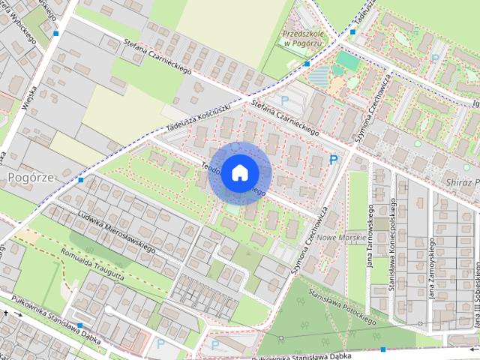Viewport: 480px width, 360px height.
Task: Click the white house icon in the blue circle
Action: click(239, 172)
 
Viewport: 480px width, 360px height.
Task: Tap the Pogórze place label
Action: click(27, 177)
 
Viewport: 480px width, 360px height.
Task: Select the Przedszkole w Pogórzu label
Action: click(301, 38)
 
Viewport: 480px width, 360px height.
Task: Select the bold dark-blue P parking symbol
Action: click(334, 160)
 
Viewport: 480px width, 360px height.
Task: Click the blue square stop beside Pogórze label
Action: click(81, 180)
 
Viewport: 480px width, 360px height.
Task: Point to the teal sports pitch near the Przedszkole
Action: click(346, 58)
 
